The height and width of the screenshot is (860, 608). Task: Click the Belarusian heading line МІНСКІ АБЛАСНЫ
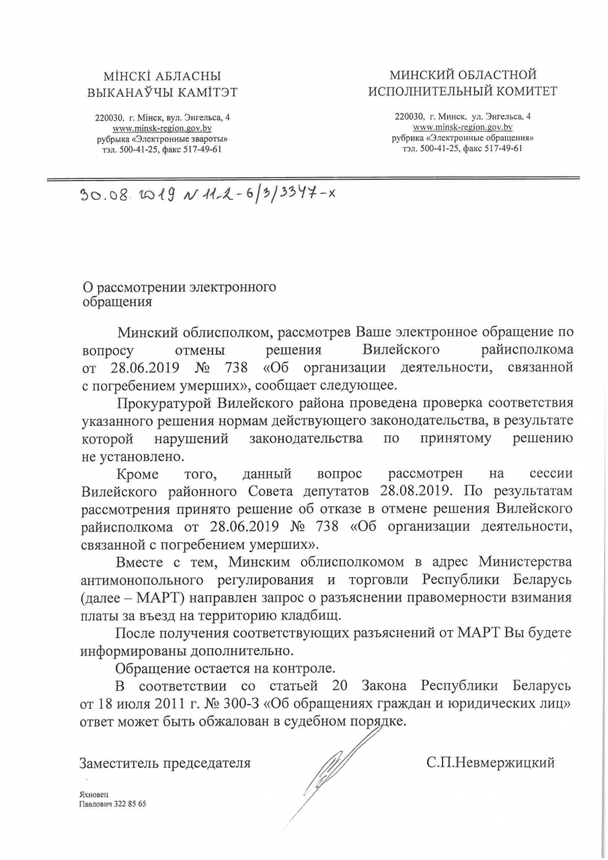click(x=162, y=77)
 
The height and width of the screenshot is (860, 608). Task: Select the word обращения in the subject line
click(x=116, y=302)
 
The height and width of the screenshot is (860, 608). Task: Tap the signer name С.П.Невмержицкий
click(x=490, y=763)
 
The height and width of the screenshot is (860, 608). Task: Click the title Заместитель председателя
click(x=165, y=763)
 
